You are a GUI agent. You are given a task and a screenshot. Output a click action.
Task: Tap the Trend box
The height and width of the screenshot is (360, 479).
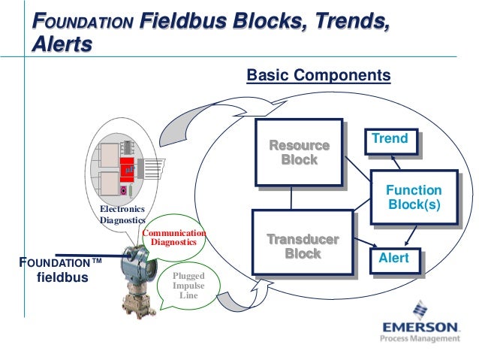coord(389,139)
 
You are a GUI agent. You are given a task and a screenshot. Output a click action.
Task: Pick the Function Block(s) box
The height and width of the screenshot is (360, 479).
coord(412,198)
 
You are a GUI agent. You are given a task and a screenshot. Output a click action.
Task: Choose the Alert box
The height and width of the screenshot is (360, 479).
coord(394,258)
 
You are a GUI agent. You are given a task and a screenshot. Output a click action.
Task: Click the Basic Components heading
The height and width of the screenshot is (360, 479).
coord(318,76)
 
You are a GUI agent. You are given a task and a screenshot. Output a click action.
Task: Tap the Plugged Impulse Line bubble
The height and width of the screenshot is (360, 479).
coord(185,286)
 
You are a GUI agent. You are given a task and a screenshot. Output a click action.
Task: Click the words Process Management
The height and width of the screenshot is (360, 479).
coord(420,339)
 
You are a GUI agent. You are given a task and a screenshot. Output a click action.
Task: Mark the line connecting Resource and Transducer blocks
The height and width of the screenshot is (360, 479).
coord(291,198)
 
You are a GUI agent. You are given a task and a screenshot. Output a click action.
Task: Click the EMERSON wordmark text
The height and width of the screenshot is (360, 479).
coord(420,328)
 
